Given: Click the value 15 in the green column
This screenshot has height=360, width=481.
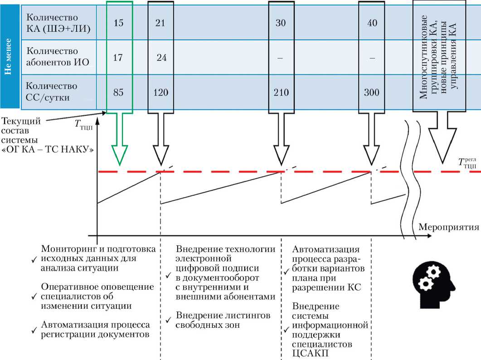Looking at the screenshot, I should [118, 23].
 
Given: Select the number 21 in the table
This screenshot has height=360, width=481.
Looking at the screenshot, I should [160, 23].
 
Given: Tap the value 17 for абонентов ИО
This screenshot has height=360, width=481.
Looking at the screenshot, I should [118, 58].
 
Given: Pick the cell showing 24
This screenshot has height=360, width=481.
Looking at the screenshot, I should [161, 58].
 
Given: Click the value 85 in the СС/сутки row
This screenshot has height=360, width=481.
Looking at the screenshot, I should [118, 92].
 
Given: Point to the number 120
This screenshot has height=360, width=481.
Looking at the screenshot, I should [160, 92].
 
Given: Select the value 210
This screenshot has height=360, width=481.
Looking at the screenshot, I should [281, 92].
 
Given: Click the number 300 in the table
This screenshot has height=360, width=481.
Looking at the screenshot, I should [371, 92].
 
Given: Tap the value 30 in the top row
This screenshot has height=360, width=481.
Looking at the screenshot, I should [281, 23].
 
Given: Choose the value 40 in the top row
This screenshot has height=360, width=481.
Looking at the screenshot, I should [371, 23].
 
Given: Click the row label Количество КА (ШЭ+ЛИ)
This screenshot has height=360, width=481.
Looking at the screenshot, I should [58, 23].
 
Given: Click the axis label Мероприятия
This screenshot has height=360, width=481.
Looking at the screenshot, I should [448, 226].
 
